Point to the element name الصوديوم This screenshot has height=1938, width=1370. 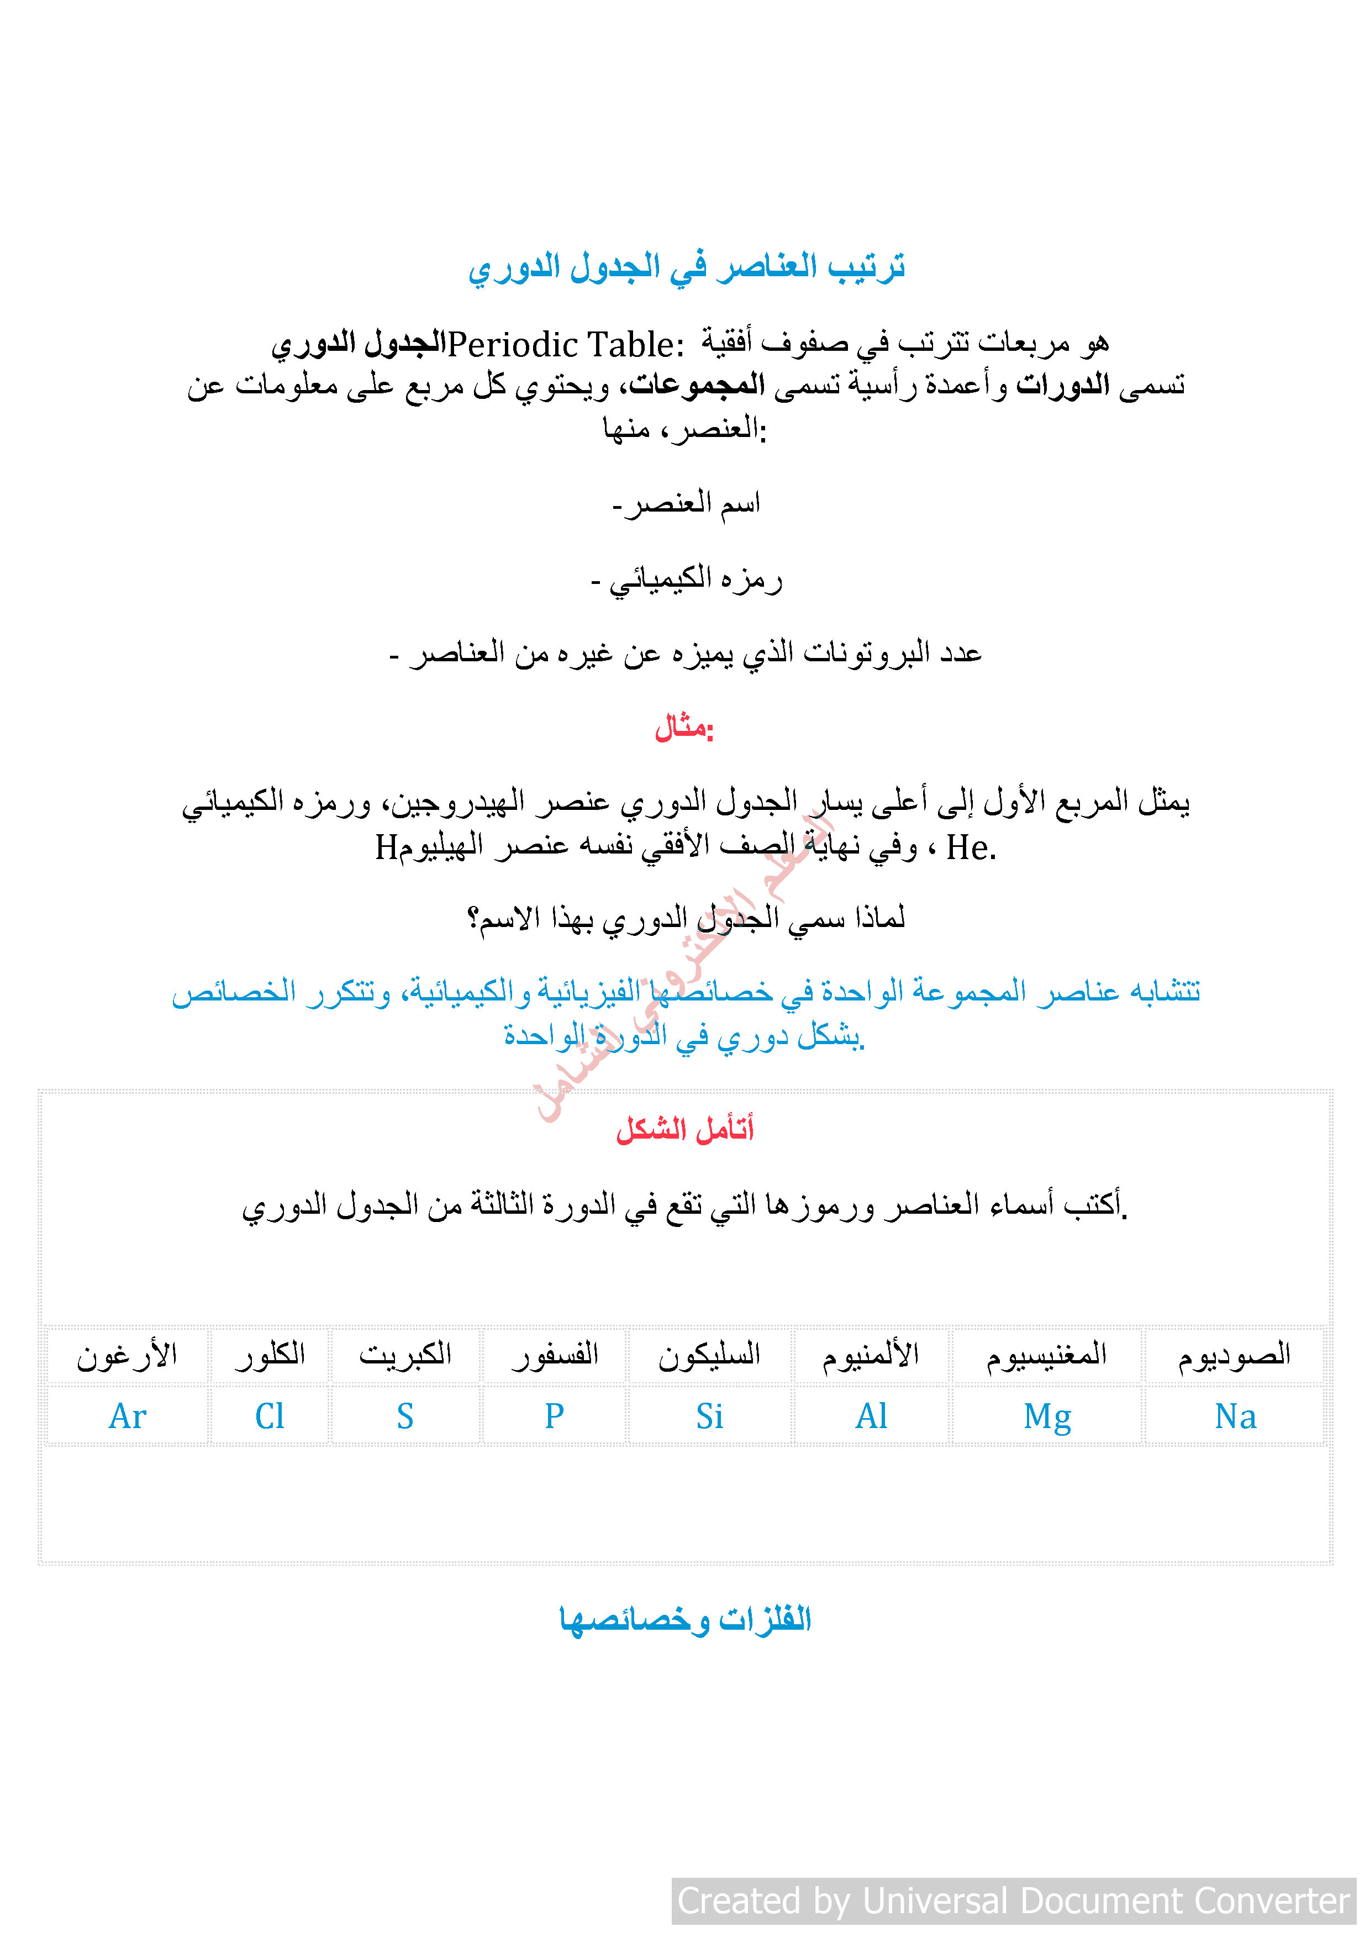pyautogui.click(x=1234, y=1355)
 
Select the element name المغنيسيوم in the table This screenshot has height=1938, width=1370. pyautogui.click(x=1047, y=1355)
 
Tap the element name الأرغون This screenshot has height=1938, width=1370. pyautogui.click(x=128, y=1355)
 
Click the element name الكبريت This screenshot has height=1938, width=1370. pyautogui.click(x=405, y=1355)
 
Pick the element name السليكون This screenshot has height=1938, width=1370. pyautogui.click(x=709, y=1355)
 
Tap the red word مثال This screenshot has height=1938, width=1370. pyautogui.click(x=684, y=727)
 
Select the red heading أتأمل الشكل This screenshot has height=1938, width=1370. pyautogui.click(x=684, y=1129)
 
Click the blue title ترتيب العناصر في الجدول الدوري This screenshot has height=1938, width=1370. pyautogui.click(x=686, y=267)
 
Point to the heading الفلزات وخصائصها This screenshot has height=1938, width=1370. pyautogui.click(x=684, y=1619)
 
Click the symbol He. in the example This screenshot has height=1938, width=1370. pyautogui.click(x=971, y=847)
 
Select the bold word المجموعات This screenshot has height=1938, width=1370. pyautogui.click(x=697, y=386)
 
